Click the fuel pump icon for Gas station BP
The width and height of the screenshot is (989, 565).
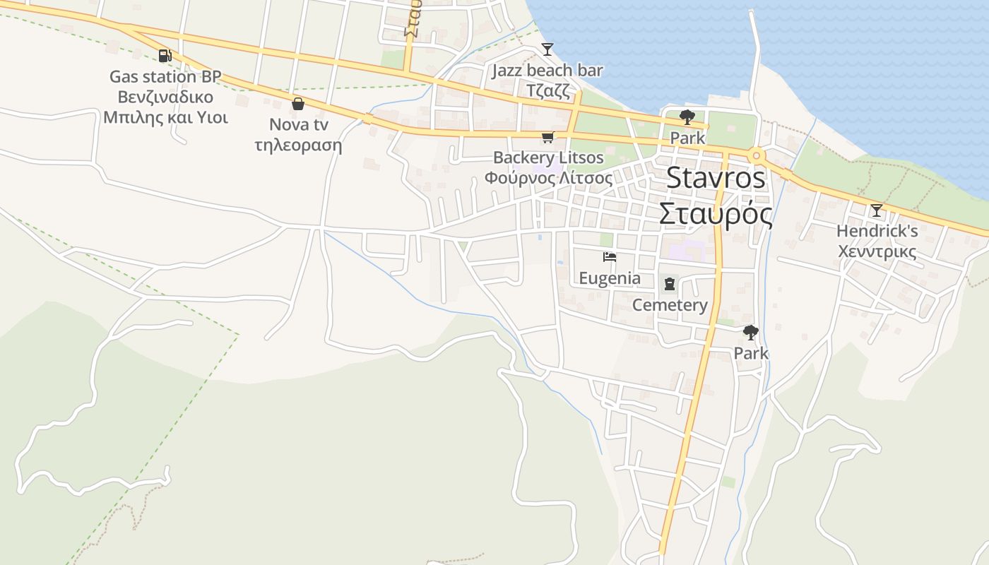coord(165,55)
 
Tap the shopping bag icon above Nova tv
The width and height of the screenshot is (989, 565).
coord(298,104)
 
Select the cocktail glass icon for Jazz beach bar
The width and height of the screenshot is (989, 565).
coord(547,49)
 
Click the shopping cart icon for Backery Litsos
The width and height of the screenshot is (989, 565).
coord(547,137)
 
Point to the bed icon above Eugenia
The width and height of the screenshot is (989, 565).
coord(609,258)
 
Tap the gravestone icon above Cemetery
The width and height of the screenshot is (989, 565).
coord(669,285)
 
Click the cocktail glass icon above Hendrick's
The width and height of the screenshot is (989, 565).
coord(876,210)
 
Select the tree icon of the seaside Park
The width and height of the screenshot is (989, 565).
coord(687,117)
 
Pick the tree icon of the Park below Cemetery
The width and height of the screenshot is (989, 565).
coord(750,332)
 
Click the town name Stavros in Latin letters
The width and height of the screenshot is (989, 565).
coord(716,178)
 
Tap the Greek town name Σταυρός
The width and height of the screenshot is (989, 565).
coord(716,213)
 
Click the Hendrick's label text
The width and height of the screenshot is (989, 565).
coord(877,231)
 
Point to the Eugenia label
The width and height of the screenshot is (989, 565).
coord(610,278)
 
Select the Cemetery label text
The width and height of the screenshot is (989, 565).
coord(670,305)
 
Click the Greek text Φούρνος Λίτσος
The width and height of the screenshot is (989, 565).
coord(548,178)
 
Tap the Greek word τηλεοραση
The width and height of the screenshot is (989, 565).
coord(298,145)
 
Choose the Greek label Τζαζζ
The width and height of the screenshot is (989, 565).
coord(547,90)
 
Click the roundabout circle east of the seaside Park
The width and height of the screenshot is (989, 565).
coord(757,155)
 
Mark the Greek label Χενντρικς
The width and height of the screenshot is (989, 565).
coord(877,251)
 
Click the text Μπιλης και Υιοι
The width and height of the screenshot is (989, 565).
coord(165,117)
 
